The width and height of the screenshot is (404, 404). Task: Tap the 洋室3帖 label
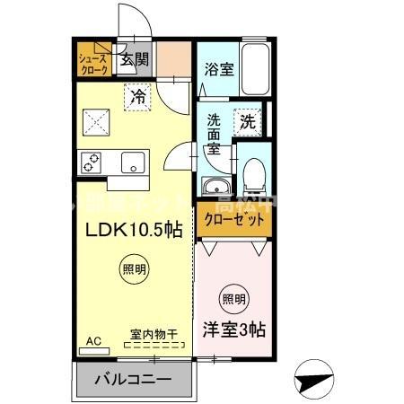(x=233, y=329)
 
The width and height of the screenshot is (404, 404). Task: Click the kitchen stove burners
(x=92, y=162)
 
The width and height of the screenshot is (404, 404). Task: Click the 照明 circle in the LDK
(x=132, y=268)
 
